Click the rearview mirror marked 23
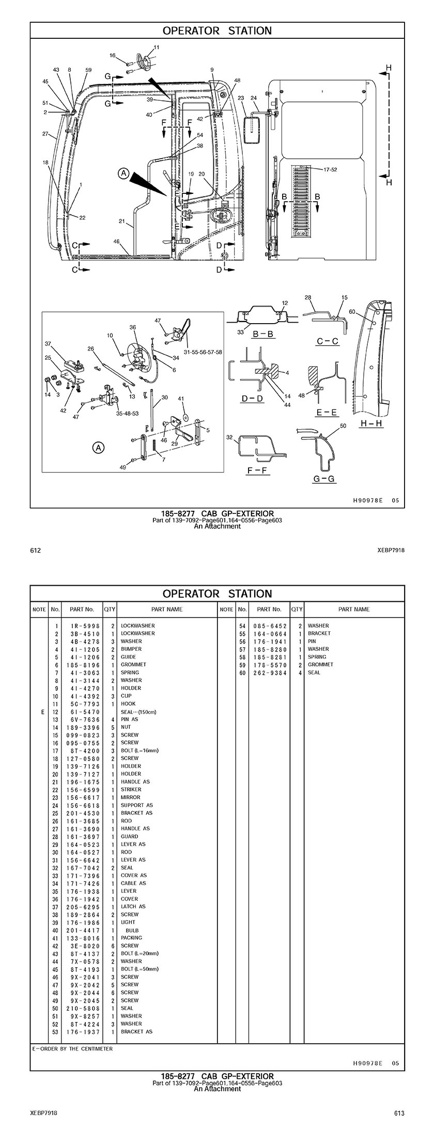pyautogui.click(x=253, y=129)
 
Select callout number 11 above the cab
pyautogui.click(x=157, y=47)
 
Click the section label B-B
pyautogui.click(x=262, y=334)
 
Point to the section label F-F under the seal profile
pyautogui.click(x=257, y=470)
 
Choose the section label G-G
pyautogui.click(x=324, y=479)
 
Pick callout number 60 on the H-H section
pyautogui.click(x=352, y=312)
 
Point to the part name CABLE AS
pyautogui.click(x=133, y=883)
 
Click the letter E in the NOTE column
pyautogui.click(x=42, y=712)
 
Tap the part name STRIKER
pyautogui.click(x=131, y=789)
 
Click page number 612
pyautogui.click(x=35, y=550)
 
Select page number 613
pyautogui.click(x=399, y=1111)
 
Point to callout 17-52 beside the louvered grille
pyautogui.click(x=330, y=170)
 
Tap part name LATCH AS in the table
pyautogui.click(x=133, y=906)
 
